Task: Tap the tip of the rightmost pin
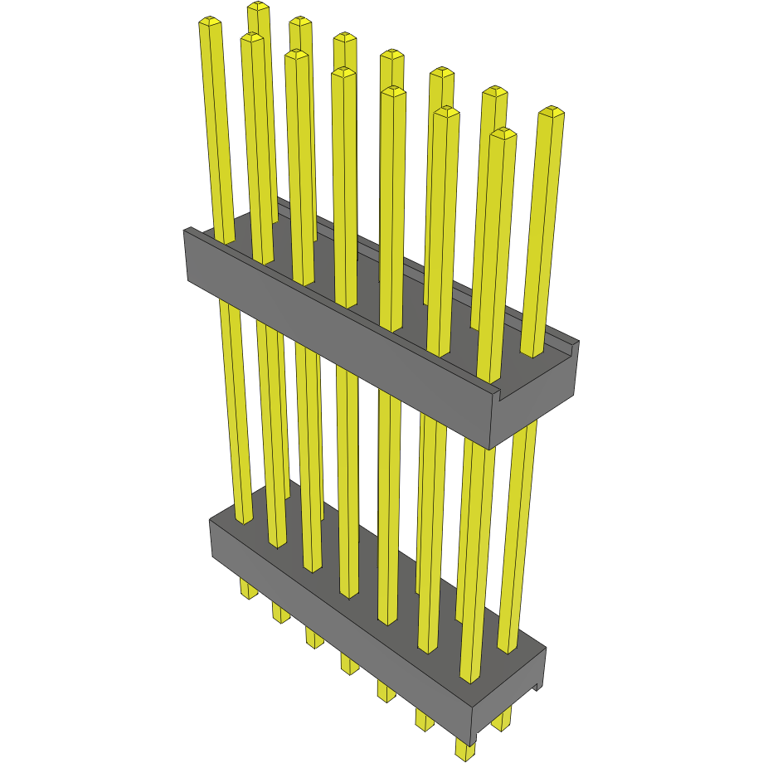click(552, 111)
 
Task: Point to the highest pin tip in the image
click(258, 7)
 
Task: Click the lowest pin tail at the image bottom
click(465, 751)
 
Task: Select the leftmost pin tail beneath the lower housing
click(247, 590)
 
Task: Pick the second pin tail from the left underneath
click(280, 614)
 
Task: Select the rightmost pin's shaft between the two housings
click(522, 498)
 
